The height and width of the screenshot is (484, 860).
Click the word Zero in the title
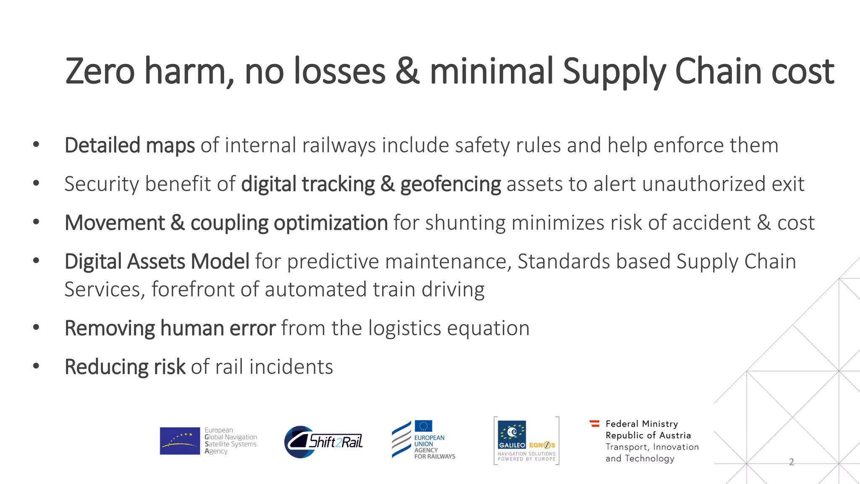(x=100, y=71)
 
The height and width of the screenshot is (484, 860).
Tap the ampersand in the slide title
(x=407, y=71)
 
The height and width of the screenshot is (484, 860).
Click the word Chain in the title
(x=718, y=71)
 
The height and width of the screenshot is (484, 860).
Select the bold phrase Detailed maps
(x=129, y=145)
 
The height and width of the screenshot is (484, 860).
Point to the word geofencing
(x=450, y=184)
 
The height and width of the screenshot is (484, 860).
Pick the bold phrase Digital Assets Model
(x=157, y=261)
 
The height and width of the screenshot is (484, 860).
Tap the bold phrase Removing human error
(x=170, y=328)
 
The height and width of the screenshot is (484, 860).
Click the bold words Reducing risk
(x=125, y=367)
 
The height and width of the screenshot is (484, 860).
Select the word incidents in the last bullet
(x=291, y=367)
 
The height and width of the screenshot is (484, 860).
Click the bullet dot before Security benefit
(x=36, y=183)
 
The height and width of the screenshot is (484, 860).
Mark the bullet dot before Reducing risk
(x=36, y=366)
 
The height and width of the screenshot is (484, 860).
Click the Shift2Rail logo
(x=324, y=442)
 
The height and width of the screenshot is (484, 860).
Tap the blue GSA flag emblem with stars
(x=180, y=441)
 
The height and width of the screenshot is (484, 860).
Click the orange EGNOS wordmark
(x=542, y=445)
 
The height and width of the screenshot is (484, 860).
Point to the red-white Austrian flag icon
(x=594, y=423)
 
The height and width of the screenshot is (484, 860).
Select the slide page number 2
(x=791, y=462)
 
